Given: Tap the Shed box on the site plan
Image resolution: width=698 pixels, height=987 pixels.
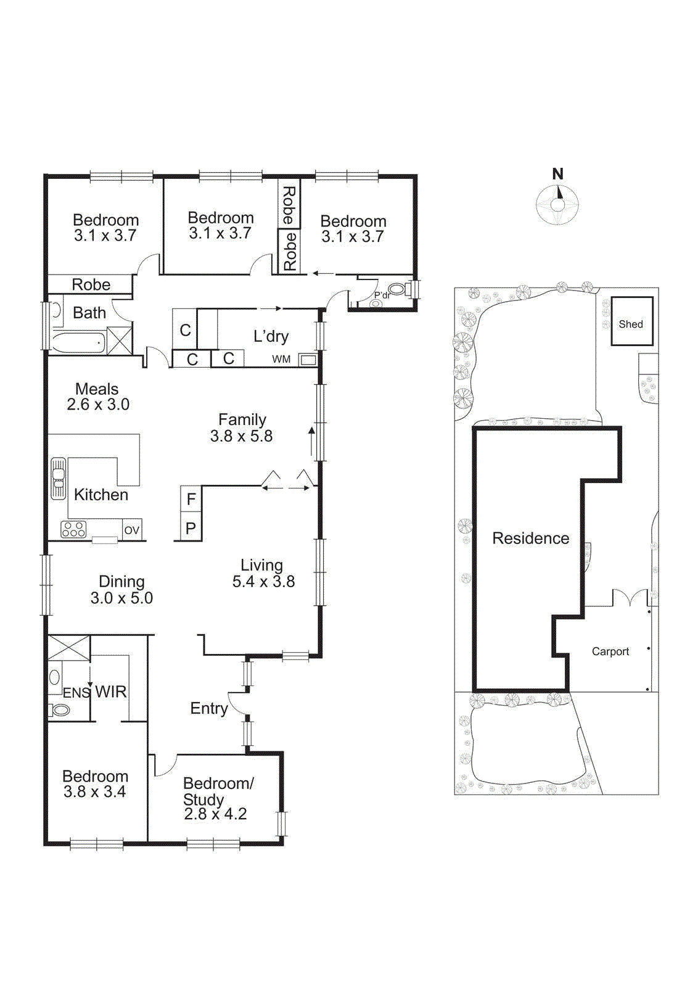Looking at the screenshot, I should [631, 321].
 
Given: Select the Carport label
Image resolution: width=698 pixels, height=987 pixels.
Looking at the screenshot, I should [610, 651].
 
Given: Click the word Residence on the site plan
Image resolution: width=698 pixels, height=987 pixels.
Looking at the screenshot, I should [530, 539].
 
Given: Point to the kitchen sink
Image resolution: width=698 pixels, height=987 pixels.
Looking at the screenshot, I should [59, 478].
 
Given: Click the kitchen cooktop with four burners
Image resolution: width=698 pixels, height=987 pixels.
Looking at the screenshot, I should [73, 529].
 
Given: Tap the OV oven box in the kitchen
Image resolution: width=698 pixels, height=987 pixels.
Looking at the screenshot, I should [132, 530].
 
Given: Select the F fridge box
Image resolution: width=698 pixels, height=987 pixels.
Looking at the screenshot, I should [191, 498].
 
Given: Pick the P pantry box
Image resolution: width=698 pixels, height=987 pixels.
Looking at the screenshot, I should [191, 528].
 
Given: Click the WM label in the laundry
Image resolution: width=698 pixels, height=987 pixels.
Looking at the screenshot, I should [281, 359].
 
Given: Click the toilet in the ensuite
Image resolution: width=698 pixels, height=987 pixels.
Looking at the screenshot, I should [60, 710].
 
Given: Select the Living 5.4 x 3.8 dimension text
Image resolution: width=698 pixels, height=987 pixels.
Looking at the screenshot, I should [263, 582].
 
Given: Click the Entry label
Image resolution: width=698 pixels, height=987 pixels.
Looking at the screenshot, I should [208, 708].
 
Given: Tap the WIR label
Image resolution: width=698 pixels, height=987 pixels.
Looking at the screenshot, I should [111, 692].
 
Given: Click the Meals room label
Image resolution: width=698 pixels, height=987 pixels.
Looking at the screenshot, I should [97, 389].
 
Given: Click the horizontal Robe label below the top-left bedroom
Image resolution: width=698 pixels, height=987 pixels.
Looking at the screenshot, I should [91, 284].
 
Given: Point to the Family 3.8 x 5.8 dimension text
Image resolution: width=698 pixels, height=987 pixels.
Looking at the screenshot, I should [241, 436].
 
